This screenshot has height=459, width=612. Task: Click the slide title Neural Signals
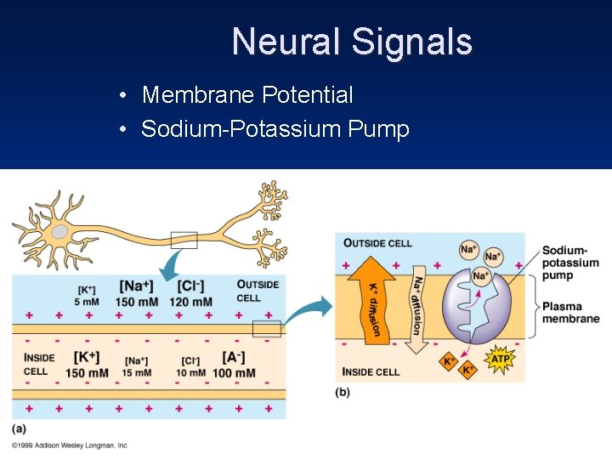(351, 42)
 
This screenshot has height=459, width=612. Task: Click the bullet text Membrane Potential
(246, 95)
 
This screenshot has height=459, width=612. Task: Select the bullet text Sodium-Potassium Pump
(275, 129)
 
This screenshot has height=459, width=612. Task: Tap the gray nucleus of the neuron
(59, 231)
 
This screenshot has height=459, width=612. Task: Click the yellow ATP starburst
(500, 360)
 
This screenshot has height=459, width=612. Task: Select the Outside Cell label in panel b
(377, 243)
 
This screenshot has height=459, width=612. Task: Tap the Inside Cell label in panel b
(371, 371)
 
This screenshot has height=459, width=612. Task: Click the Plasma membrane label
(570, 313)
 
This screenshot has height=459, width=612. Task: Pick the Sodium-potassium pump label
(569, 263)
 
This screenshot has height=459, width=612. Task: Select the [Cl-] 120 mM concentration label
(190, 293)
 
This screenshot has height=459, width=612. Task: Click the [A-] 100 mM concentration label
(234, 365)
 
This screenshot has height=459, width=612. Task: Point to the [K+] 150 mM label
(87, 365)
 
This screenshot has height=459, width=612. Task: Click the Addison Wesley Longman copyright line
(70, 445)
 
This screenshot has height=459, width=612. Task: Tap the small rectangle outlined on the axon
(184, 240)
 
